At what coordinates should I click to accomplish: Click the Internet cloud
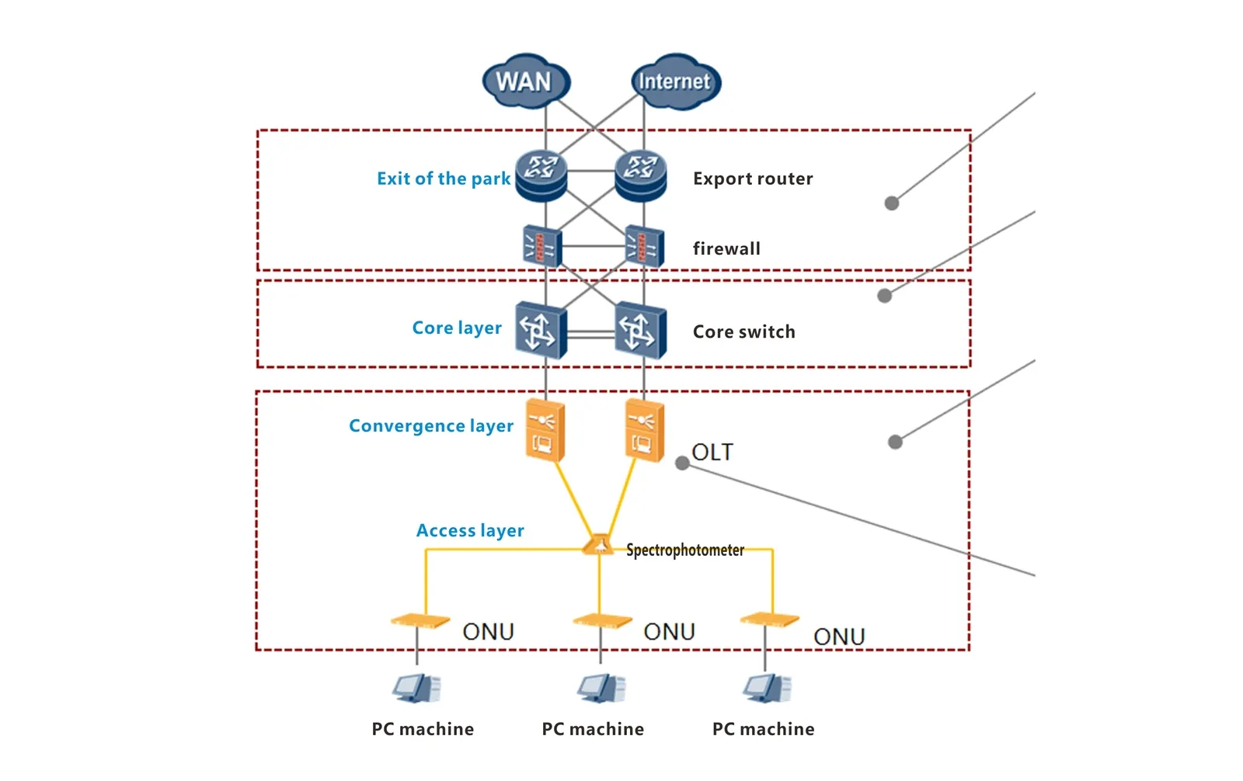coord(674,82)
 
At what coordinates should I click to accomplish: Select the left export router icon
coord(541,175)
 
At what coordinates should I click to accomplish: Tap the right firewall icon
coord(644,246)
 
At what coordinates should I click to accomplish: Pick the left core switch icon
coord(541,331)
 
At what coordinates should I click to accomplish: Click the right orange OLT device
coord(644,430)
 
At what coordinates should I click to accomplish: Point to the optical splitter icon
coord(598,545)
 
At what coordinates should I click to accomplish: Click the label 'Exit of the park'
coord(444,179)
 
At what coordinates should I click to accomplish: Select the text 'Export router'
coord(752,179)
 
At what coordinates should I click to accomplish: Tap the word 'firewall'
coord(726,248)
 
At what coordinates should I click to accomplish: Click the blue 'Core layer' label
coord(457,328)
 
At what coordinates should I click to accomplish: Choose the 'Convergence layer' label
coord(431,425)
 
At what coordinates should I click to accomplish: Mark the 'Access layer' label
coord(470,530)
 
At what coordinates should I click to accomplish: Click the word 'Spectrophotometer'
coord(684,550)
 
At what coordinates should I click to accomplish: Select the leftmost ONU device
coord(420,620)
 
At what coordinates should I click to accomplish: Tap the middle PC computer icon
coord(601,688)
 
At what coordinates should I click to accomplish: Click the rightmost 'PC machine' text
coord(763,729)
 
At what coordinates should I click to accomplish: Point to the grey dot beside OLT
coord(682,463)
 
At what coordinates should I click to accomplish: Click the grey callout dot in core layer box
coord(884,296)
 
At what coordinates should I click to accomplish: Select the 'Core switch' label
coord(743,331)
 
